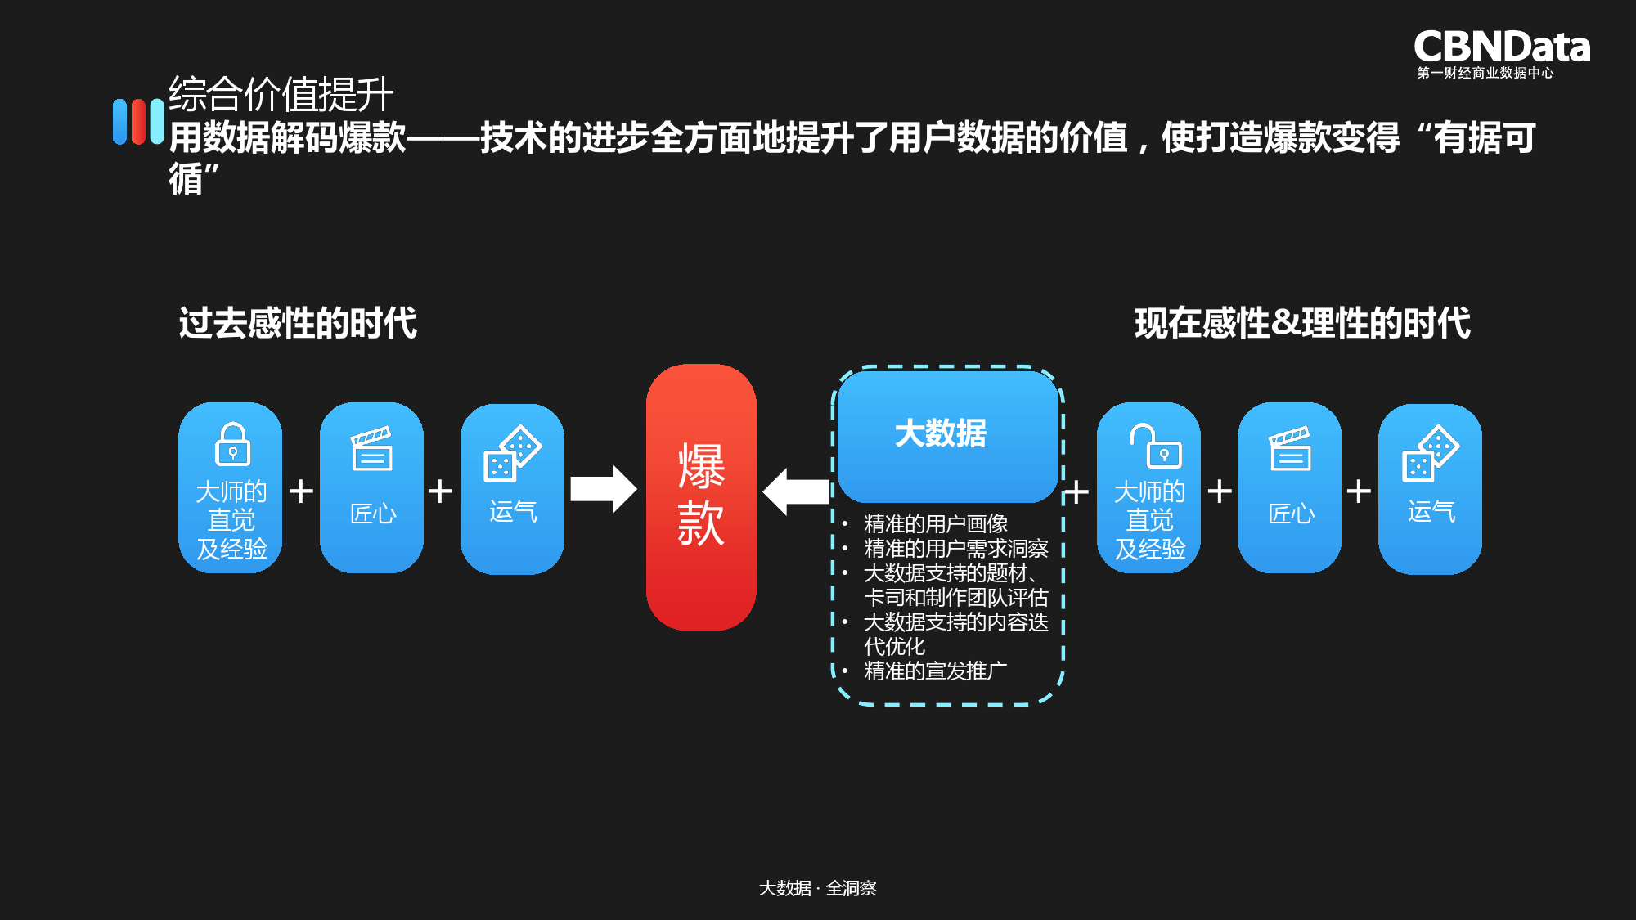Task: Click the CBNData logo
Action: tap(1501, 52)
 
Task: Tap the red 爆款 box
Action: tap(701, 496)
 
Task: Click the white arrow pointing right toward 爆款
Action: tap(603, 489)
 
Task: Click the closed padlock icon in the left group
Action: tap(232, 445)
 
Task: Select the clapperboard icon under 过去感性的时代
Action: tap(372, 449)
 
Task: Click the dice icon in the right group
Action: tap(1431, 453)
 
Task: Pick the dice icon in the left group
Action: tap(512, 453)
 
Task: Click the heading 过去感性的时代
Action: tap(298, 323)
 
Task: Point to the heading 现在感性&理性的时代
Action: tap(1302, 323)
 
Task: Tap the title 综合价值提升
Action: tap(281, 94)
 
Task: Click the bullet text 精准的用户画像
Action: tap(936, 523)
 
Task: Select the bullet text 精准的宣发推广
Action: tap(936, 671)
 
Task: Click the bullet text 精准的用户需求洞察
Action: tap(955, 548)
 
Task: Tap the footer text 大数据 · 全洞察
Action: tap(817, 888)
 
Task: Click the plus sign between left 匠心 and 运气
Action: tap(440, 491)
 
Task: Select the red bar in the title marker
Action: tap(138, 122)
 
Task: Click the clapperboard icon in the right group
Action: tap(1290, 449)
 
